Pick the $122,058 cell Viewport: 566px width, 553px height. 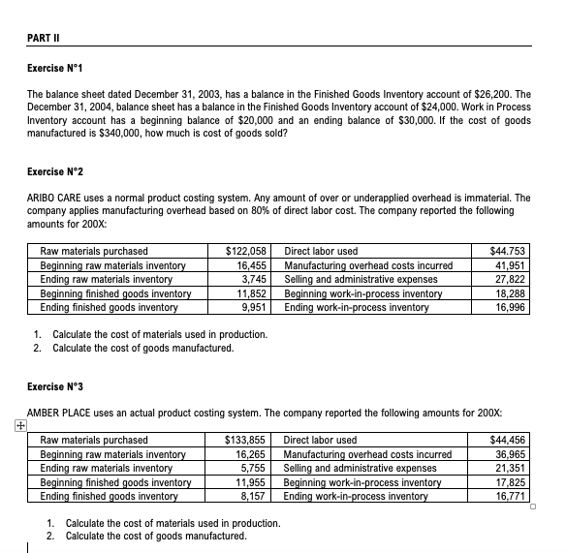click(x=246, y=251)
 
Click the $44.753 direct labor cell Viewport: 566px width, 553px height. click(x=507, y=251)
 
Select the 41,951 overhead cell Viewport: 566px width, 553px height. click(x=510, y=265)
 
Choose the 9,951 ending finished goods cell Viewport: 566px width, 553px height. click(x=252, y=308)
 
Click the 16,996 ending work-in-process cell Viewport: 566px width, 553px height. click(x=510, y=308)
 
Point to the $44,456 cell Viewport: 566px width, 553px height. click(x=507, y=440)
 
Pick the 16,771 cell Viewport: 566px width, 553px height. click(x=510, y=497)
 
